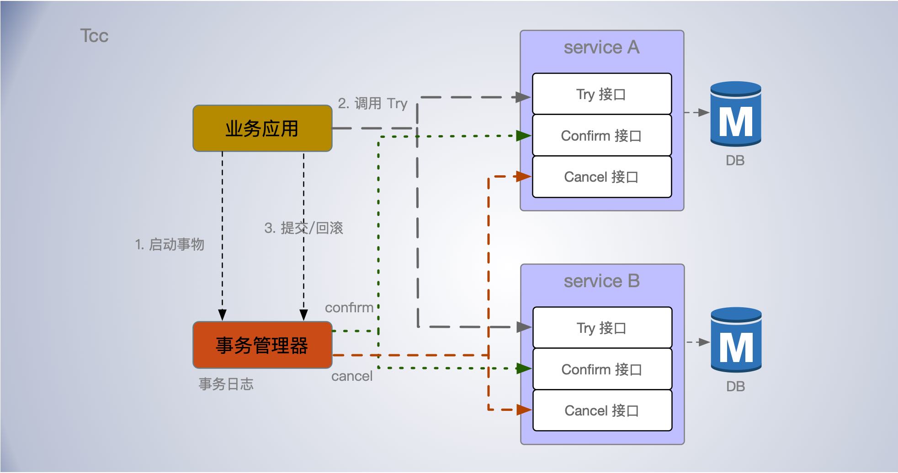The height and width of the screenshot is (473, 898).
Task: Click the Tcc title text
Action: [94, 36]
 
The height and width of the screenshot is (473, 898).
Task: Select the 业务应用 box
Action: [262, 128]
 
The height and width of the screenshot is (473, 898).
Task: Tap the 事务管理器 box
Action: [262, 345]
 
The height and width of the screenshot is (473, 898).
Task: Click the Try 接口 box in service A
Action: [601, 94]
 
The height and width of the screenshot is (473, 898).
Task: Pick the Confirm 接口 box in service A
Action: [601, 136]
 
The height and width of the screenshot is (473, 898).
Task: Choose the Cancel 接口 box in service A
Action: [601, 177]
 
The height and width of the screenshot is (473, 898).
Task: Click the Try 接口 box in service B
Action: [602, 328]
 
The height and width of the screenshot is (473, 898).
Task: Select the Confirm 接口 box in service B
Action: [602, 369]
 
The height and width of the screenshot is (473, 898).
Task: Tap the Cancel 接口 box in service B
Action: [602, 410]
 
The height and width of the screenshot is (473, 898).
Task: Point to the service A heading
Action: [601, 47]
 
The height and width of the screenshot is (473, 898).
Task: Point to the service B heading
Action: [601, 281]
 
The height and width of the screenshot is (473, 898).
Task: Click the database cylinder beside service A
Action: [735, 114]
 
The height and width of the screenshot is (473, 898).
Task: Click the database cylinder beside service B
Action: [736, 340]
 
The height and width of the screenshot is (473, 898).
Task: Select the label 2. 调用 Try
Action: [372, 103]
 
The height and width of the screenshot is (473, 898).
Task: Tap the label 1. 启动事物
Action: [170, 244]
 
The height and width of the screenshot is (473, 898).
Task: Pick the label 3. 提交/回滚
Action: [303, 228]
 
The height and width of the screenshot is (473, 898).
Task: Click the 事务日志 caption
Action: [226, 384]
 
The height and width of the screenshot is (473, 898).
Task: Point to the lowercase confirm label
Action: [349, 308]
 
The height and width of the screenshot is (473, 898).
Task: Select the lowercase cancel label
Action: [352, 376]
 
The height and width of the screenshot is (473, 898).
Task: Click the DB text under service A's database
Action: [735, 161]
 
